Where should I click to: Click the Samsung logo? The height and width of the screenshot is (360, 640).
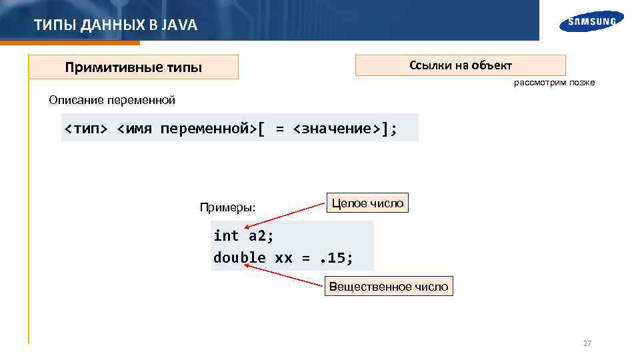[592, 21]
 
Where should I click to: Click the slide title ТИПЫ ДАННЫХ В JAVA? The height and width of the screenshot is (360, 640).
[115, 25]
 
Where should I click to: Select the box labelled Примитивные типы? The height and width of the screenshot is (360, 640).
[133, 67]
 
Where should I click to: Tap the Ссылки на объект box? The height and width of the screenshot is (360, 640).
[460, 65]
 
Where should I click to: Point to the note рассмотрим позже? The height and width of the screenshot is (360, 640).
[554, 83]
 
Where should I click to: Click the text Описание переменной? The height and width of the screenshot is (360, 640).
[112, 101]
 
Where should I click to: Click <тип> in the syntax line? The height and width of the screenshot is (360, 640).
[85, 128]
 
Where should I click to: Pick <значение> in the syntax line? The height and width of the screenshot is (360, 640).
[337, 128]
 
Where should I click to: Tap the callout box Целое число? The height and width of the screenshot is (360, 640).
[367, 203]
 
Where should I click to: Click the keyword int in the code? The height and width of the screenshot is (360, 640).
[226, 236]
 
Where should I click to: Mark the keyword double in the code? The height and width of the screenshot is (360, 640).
[239, 258]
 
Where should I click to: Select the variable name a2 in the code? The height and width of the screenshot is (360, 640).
[261, 236]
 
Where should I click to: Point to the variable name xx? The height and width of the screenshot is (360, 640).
[283, 258]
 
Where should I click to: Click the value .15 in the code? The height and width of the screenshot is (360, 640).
[337, 258]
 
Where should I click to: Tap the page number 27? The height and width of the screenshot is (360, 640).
[587, 343]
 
